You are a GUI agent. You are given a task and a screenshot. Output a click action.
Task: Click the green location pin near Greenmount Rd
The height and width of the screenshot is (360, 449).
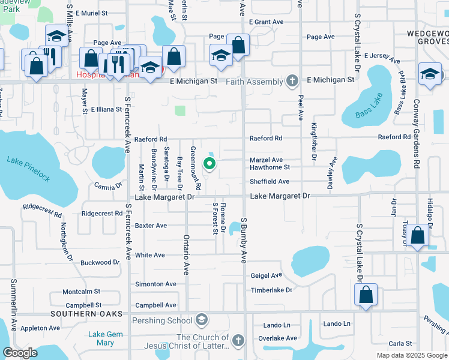coord(209,163)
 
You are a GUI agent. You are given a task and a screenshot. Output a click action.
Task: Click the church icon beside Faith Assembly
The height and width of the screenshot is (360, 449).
coord(292,81)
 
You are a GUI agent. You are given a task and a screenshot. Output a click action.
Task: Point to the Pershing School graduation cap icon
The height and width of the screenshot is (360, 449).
coord(201,320)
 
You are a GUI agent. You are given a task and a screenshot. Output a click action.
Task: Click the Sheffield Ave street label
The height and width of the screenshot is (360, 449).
coord(270,181)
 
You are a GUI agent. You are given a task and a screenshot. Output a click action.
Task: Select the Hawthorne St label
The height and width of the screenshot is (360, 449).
coord(270,167)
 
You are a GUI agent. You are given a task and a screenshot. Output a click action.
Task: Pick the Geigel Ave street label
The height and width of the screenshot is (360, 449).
coord(266,275)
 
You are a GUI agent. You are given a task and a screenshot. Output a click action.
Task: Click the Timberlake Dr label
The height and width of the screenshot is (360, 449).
coord(271,290)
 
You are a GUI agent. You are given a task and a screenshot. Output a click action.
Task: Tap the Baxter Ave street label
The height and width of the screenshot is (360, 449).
coord(151,226)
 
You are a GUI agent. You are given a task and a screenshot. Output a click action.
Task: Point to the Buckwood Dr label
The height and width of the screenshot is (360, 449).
coord(100,263)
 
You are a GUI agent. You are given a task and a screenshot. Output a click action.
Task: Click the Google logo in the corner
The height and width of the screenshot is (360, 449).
coord(20,353)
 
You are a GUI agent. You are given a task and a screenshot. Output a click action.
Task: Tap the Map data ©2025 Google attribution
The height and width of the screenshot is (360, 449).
coord(411,355)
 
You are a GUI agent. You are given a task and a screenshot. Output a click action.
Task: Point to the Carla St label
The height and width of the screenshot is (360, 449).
coord(400,344)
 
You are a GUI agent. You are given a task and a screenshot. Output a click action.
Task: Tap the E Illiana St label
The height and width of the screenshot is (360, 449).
coord(106,110)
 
